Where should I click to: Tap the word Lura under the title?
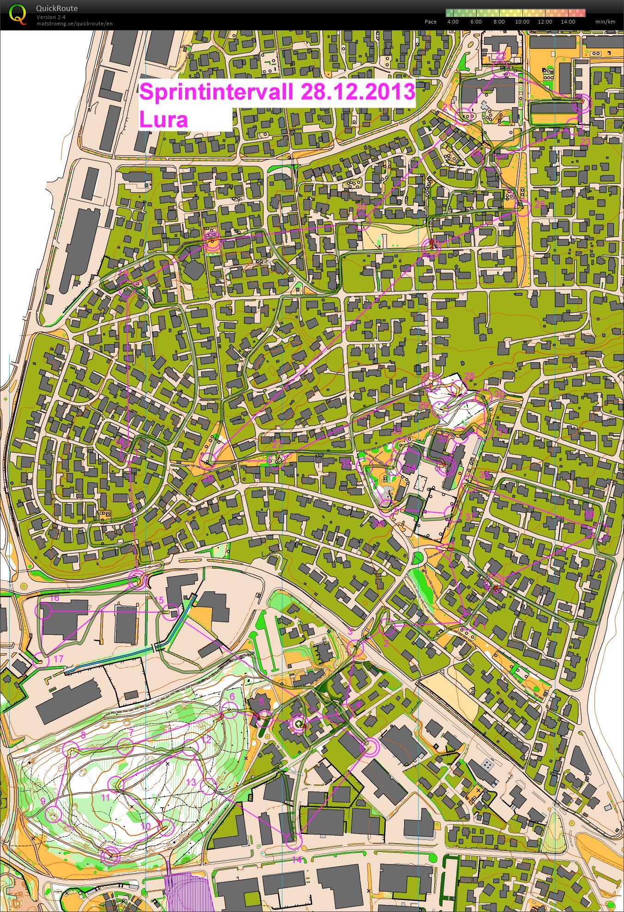click(164, 120)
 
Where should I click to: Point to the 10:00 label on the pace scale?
click(522, 22)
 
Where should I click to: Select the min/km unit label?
click(605, 22)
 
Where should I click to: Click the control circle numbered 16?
click(46, 611)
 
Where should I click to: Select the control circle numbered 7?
click(125, 746)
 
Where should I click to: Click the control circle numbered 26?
click(207, 460)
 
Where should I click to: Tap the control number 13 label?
click(191, 782)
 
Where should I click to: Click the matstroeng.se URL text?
click(74, 24)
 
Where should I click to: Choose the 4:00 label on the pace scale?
click(453, 22)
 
